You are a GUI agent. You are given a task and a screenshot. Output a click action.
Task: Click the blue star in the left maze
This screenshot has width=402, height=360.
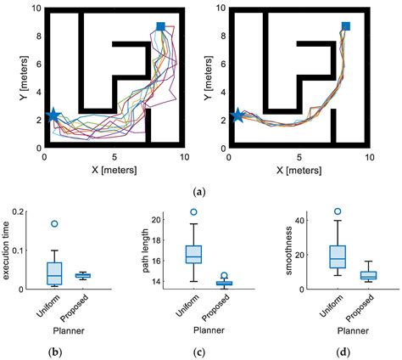[x=53, y=115]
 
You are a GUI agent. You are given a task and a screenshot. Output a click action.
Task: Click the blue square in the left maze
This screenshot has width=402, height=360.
[x=161, y=27]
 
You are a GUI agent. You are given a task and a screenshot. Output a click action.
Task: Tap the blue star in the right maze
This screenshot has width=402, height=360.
[x=237, y=115]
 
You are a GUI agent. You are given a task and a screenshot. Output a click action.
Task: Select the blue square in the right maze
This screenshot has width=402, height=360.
[x=345, y=27]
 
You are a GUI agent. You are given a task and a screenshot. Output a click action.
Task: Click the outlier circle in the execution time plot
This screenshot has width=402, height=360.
[x=55, y=224]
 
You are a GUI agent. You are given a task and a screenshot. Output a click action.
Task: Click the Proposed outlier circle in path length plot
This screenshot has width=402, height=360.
[x=224, y=276]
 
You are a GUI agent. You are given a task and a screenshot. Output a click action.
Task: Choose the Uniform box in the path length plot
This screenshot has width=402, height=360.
[x=194, y=254]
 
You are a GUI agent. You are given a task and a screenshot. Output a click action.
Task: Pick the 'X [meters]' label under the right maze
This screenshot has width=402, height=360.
[x=299, y=169]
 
